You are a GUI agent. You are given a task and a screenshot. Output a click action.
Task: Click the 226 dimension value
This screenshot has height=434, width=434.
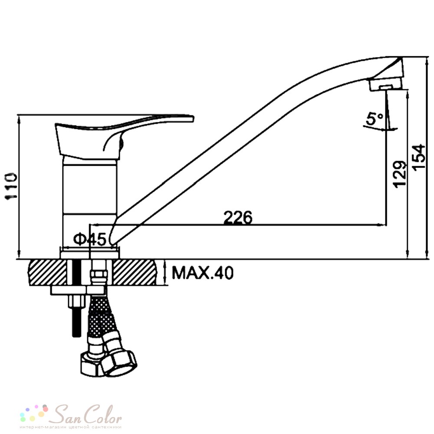[238, 217]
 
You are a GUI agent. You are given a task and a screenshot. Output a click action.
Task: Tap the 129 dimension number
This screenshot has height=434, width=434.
[400, 174]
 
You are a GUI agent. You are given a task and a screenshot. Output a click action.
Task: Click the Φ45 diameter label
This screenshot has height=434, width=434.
[90, 239]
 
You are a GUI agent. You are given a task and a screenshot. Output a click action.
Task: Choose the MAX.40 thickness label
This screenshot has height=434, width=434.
[203, 273]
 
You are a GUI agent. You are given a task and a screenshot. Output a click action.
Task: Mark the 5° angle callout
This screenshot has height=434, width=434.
[375, 119]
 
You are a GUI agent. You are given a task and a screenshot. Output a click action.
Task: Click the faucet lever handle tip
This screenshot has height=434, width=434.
[191, 118]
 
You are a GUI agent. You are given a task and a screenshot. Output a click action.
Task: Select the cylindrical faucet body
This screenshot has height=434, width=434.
[90, 202]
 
